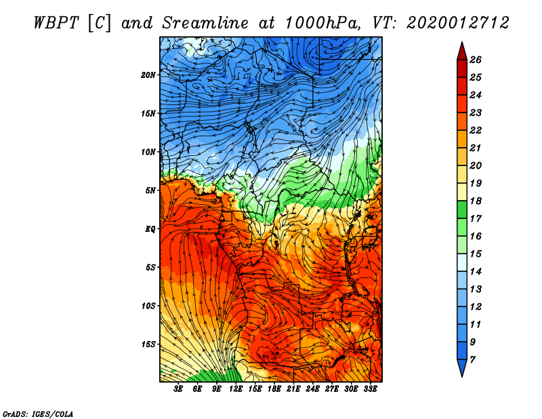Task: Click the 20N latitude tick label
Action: click(x=148, y=75)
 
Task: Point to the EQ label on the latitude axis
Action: click(x=150, y=228)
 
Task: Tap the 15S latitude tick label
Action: click(x=148, y=344)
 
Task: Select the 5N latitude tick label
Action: click(x=150, y=190)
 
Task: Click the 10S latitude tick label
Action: click(x=148, y=306)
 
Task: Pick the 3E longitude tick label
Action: click(x=179, y=389)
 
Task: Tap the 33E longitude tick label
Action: click(x=370, y=389)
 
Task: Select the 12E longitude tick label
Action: click(x=236, y=389)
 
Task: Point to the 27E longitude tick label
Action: click(x=332, y=389)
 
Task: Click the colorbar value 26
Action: click(x=475, y=60)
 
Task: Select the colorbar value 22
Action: click(x=475, y=130)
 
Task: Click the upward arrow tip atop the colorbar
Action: click(x=461, y=44)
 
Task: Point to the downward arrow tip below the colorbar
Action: click(x=461, y=375)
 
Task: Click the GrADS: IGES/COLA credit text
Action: click(x=37, y=413)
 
